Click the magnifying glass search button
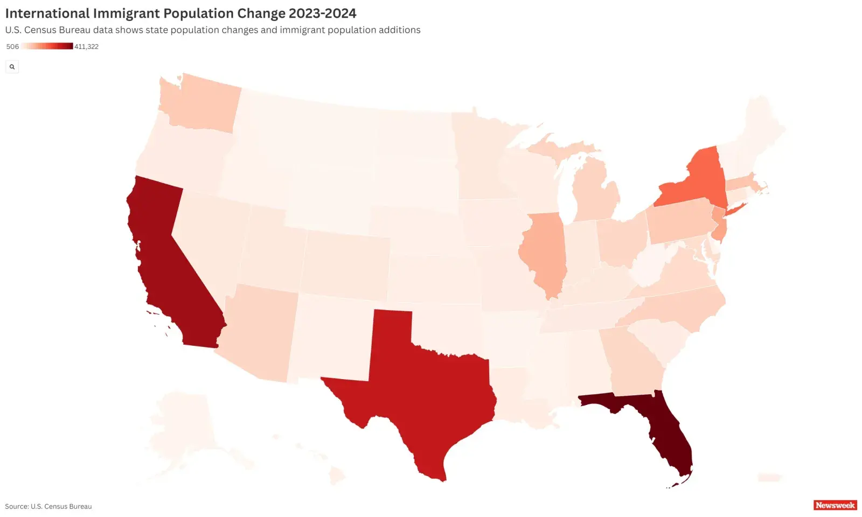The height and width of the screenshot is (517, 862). tap(12, 67)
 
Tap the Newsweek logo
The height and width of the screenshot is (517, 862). tap(835, 505)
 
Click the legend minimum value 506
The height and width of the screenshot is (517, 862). tap(12, 47)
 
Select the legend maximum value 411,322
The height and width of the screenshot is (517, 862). tap(86, 47)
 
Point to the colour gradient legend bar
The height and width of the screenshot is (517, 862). tap(47, 46)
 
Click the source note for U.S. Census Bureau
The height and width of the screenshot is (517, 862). tap(48, 506)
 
